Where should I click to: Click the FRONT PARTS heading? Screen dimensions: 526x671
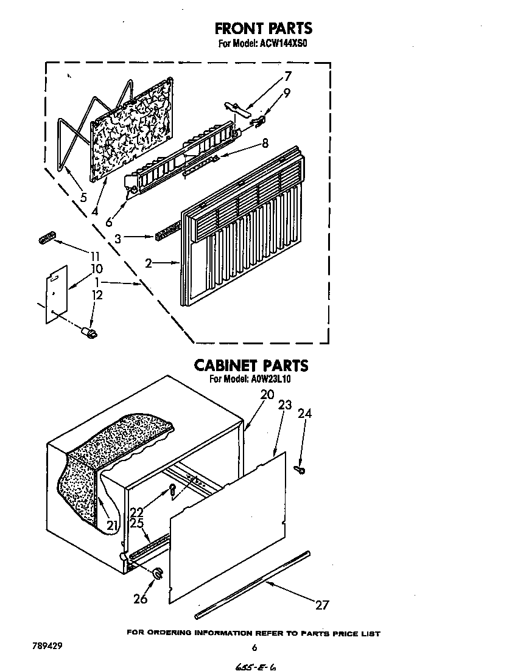click(x=263, y=28)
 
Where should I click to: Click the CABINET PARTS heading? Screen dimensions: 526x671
click(x=251, y=366)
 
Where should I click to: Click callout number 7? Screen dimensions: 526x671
click(x=288, y=76)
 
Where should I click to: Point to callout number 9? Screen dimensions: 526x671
click(x=287, y=92)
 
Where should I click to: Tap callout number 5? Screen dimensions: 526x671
click(x=83, y=197)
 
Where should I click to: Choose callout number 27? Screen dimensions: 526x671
click(x=322, y=605)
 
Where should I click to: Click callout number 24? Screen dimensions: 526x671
click(x=305, y=414)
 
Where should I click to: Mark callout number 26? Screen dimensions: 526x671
click(x=140, y=599)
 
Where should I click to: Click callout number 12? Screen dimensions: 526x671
click(x=97, y=295)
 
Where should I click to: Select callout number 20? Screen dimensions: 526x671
click(x=267, y=395)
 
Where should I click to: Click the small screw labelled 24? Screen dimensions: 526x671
click(x=300, y=470)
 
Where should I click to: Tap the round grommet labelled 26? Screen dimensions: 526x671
click(x=158, y=573)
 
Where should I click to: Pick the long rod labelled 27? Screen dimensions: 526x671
click(x=252, y=585)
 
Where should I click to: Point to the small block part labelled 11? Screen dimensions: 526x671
click(x=46, y=237)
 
